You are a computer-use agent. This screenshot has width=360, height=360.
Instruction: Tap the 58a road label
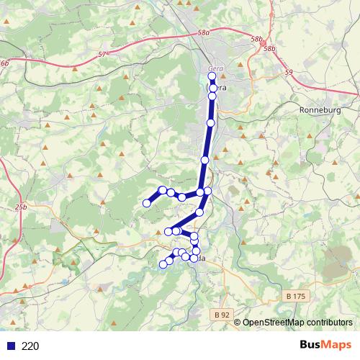[x=204, y=33]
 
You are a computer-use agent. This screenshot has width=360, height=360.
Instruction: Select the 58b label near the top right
[x=270, y=48]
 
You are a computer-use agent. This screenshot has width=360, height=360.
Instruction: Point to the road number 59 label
[x=289, y=72]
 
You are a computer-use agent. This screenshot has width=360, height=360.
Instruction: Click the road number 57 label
[x=102, y=54]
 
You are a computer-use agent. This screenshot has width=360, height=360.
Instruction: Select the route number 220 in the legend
[x=30, y=346]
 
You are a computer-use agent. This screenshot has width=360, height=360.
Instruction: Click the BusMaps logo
[x=325, y=346]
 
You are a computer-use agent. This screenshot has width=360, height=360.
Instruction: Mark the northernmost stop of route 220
[x=212, y=76]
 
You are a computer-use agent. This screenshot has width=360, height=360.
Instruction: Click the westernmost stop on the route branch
[x=147, y=203]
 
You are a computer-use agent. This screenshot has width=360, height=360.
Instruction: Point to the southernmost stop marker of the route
[x=163, y=264]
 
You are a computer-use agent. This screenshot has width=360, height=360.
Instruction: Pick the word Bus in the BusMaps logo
[x=312, y=346]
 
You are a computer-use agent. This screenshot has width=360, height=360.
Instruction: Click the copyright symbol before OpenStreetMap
[x=238, y=323]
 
